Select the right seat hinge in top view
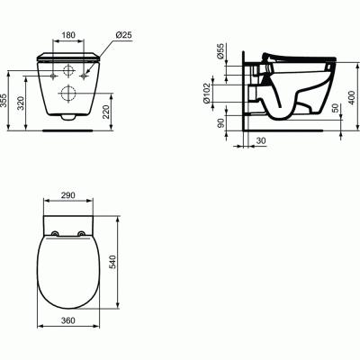pos(84,235)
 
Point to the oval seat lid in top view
pos(69,279)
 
